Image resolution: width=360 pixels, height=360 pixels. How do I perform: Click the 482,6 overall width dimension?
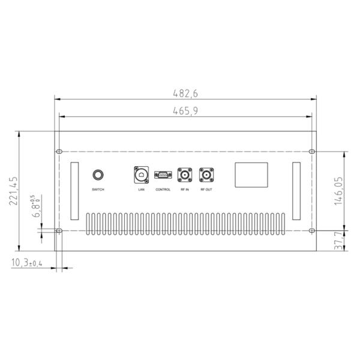tap(185, 93)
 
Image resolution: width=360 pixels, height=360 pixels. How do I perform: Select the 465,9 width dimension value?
tap(185, 110)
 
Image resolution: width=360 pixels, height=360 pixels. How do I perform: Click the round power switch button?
tap(98, 175)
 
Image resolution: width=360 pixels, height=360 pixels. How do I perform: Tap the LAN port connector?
tap(141, 175)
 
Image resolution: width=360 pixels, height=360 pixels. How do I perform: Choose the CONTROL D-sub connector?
tap(163, 175)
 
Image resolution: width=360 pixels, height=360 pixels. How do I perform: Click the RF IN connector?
tap(184, 175)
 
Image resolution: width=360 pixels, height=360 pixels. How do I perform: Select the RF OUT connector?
tap(206, 175)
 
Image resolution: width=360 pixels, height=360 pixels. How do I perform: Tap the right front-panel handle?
tap(297, 191)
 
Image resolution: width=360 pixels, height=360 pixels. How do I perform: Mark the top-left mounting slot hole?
tap(59, 151)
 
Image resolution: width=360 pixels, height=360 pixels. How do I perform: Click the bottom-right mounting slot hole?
tap(312, 230)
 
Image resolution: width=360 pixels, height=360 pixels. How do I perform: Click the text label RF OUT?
tap(206, 190)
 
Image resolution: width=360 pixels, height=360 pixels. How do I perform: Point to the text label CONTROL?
tap(163, 190)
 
